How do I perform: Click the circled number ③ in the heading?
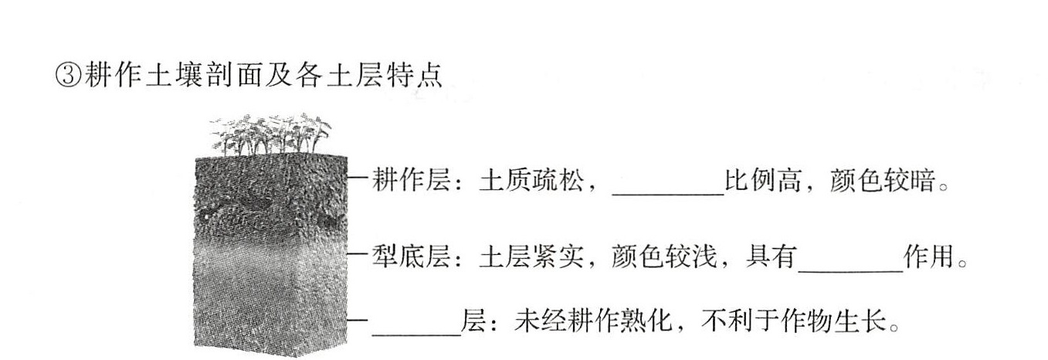click(x=69, y=75)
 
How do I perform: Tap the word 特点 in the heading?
click(x=415, y=75)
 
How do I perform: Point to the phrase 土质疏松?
click(x=532, y=180)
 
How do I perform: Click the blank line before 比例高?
click(x=668, y=194)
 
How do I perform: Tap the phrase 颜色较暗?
click(x=882, y=180)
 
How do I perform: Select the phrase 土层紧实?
click(x=532, y=256)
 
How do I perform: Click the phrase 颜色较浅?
click(x=664, y=256)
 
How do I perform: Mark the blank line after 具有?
click(x=850, y=270)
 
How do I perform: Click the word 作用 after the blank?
click(x=929, y=256)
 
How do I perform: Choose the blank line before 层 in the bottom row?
click(x=416, y=335)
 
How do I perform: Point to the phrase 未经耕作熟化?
click(x=593, y=321)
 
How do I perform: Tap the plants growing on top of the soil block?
click(x=271, y=135)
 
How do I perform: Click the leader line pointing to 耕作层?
click(x=359, y=178)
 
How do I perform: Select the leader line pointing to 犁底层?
click(x=359, y=254)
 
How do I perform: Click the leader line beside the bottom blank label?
click(x=359, y=320)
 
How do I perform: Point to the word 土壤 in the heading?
click(x=174, y=75)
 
